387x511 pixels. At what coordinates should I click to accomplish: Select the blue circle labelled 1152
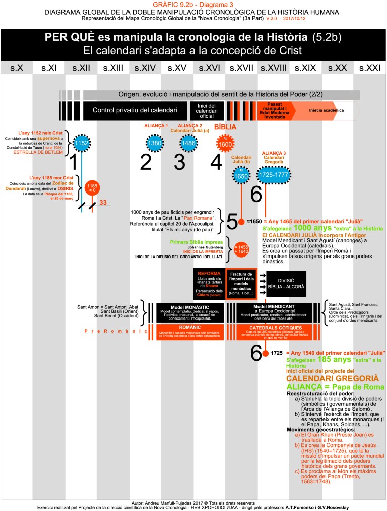pos(82,143)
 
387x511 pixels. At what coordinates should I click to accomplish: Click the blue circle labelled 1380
pos(155,143)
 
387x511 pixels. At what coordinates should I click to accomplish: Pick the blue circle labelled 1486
pos(187,143)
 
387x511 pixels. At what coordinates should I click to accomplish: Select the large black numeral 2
pos(146,162)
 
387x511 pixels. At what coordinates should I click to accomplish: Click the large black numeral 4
pos(216,162)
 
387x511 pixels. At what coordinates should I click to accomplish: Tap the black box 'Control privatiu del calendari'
pos(135,110)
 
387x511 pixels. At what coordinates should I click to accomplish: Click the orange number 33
pos(103,203)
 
